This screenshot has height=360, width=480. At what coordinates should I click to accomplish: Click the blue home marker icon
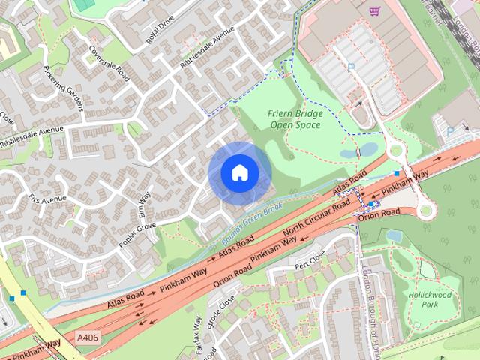pos(239,173)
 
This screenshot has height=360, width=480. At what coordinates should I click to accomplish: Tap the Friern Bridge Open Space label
pos(295,119)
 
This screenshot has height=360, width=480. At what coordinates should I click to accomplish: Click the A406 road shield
pos(88,340)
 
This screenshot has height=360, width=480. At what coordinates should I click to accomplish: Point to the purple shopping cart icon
pos(375,10)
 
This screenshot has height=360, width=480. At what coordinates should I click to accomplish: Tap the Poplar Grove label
pos(137,235)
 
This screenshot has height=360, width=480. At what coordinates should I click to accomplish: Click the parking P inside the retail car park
pos(350,67)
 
